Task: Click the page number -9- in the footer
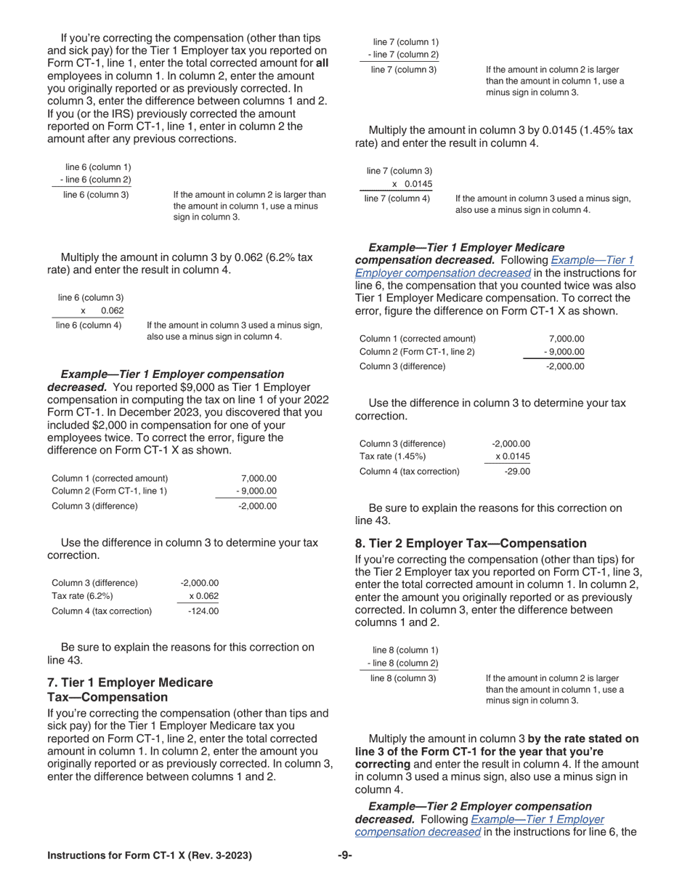[345, 855]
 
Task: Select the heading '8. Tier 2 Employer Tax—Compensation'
[470, 543]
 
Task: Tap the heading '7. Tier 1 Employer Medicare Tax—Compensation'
[130, 690]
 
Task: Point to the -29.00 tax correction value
[516, 471]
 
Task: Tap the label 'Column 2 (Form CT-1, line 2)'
[418, 352]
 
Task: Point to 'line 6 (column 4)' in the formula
[89, 325]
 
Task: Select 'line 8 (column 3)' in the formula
[403, 678]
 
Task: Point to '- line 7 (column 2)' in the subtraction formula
[403, 55]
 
